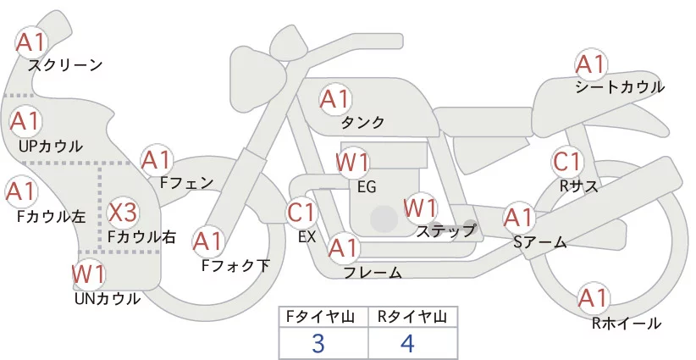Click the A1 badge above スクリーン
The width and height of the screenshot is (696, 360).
pos(32,42)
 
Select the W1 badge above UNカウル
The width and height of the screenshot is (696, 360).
pos(88,274)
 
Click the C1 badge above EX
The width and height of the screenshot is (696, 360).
pos(301,212)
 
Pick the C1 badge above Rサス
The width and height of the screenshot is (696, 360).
pos(566,161)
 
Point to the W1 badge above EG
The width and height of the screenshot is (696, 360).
pos(353,162)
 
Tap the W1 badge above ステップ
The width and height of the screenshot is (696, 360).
pos(420,207)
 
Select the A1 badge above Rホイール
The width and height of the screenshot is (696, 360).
pos(593,298)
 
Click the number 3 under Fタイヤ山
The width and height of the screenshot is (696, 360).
pos(318,344)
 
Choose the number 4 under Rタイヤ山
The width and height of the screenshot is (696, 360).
pos(408,344)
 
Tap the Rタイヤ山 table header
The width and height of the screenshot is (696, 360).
pos(411,317)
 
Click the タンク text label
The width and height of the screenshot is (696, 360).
pos(362,123)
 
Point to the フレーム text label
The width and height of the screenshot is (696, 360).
pos(373,273)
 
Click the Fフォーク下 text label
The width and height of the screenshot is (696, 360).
pos(235,265)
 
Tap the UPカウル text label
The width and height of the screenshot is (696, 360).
pos(50,146)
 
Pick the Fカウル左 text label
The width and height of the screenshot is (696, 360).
pos(51,216)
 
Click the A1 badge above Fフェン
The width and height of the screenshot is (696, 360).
pos(157,159)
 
